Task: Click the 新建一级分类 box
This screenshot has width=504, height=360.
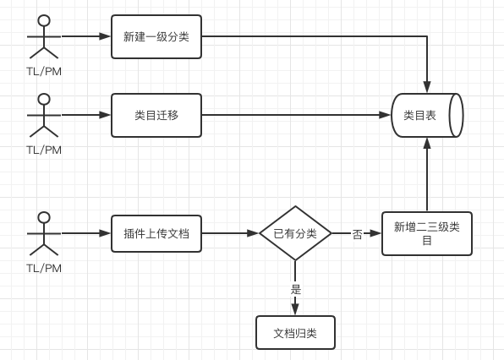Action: point(156,36)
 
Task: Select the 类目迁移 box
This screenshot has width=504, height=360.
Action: point(156,115)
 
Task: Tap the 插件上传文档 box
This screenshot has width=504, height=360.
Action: point(156,233)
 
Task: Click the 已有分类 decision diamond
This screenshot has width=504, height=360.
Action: point(295,233)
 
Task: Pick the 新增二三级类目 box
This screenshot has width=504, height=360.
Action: point(427,233)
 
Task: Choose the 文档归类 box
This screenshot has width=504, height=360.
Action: point(295,333)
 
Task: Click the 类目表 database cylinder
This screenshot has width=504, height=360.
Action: point(427,115)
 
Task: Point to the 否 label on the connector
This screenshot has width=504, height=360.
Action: point(357,234)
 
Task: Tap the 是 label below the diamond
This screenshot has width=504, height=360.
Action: point(296,289)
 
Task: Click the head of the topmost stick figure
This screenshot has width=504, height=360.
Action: point(44,20)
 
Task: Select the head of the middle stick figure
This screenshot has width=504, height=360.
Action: point(44,99)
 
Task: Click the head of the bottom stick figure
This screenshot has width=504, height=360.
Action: point(44,217)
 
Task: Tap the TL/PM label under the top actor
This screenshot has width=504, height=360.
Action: point(44,71)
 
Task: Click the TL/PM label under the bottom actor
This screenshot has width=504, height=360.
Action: point(44,268)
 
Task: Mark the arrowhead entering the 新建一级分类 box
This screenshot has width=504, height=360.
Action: point(105,36)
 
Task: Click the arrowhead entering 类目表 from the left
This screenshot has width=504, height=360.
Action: point(385,115)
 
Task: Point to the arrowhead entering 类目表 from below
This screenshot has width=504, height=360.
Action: point(427,144)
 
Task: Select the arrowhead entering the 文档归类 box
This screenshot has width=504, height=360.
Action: point(295,309)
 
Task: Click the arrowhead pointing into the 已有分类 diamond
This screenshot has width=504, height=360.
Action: point(253,233)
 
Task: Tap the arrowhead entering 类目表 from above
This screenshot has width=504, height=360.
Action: point(427,87)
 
